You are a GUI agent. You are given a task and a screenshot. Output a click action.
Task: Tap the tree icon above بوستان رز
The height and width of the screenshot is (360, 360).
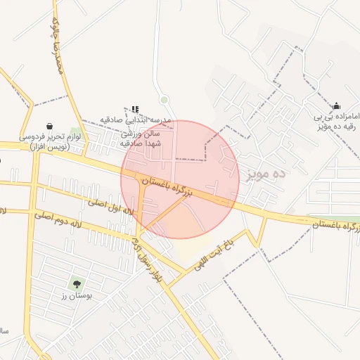click(x=77, y=284)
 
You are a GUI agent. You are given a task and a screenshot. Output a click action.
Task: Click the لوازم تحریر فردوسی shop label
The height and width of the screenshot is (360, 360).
click(x=50, y=141)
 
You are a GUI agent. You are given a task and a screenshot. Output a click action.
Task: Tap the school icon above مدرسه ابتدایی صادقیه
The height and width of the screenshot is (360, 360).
click(x=135, y=110)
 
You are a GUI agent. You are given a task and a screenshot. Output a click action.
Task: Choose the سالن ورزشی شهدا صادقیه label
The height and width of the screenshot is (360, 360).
click(x=141, y=139)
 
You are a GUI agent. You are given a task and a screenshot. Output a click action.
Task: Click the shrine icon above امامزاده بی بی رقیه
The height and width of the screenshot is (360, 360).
click(x=337, y=105)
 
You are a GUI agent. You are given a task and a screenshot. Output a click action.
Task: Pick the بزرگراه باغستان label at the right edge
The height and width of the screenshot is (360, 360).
click(x=336, y=224)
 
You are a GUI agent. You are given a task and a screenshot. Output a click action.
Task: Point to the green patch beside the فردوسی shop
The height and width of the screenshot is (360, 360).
click(x=75, y=132)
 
